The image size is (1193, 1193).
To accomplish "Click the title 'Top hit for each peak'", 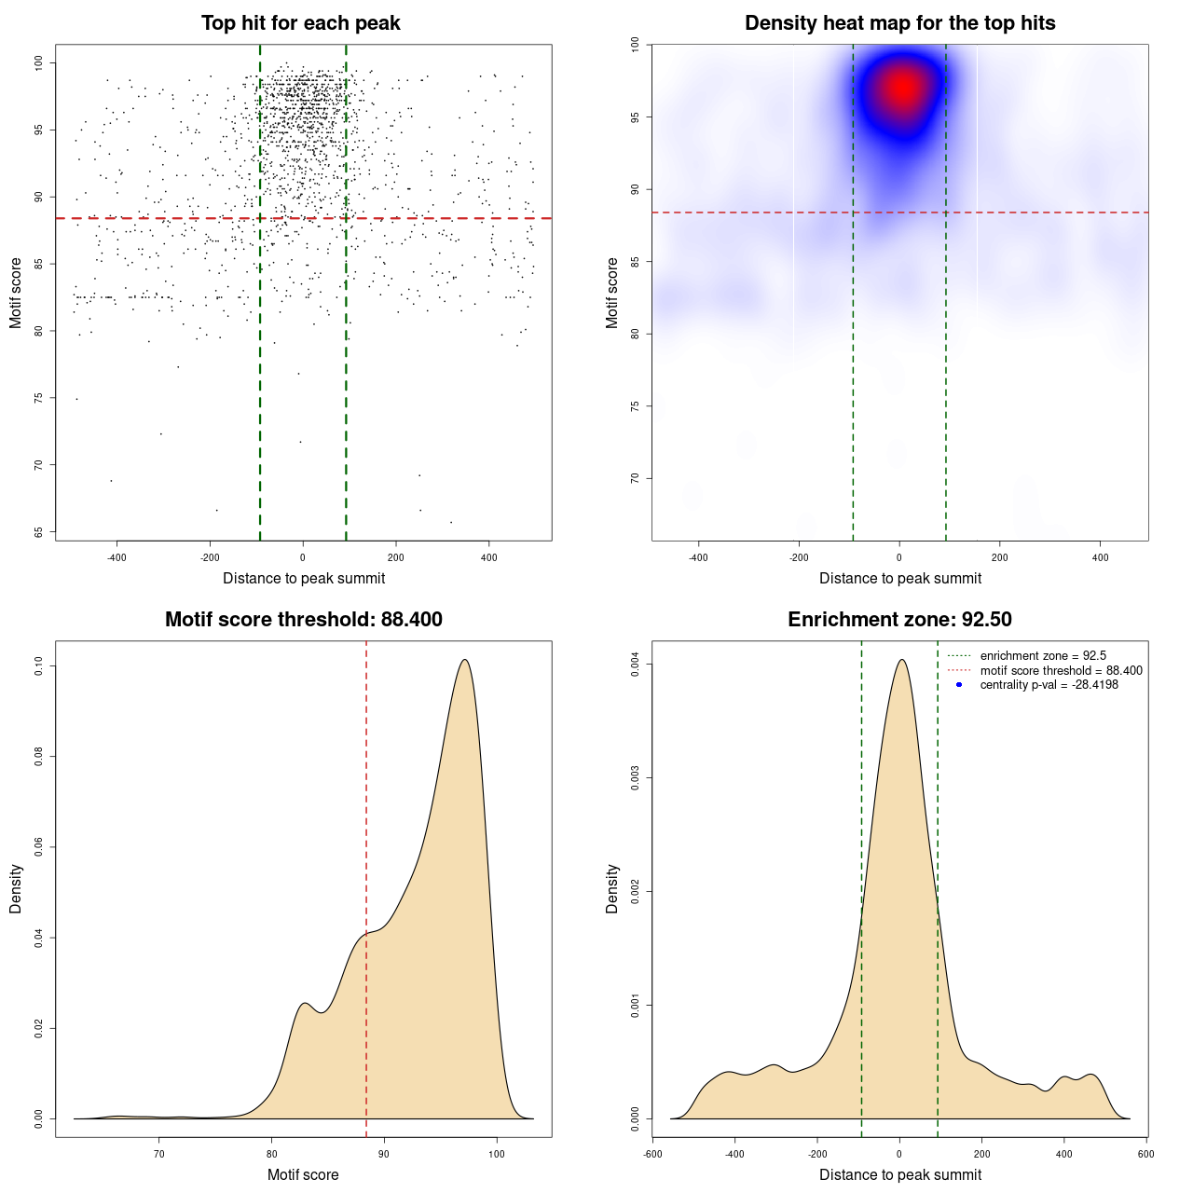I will [x=300, y=23].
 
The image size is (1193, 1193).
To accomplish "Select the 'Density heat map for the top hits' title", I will [x=899, y=23].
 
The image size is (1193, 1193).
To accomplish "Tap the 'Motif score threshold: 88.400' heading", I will [x=303, y=620].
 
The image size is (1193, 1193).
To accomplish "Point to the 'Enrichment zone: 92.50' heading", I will [x=899, y=620].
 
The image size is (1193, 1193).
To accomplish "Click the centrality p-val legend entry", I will [x=1049, y=685].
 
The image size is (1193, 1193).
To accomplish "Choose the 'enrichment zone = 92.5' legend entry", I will [x=1043, y=656].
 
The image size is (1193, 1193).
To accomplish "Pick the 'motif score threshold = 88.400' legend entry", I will [x=1061, y=670].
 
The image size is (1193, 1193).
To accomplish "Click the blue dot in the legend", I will [x=959, y=685].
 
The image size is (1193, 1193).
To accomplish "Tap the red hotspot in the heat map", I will [x=902, y=89].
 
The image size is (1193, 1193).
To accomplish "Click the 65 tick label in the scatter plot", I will [x=38, y=532].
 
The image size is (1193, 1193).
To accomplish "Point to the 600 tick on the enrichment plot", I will [x=1145, y=1154].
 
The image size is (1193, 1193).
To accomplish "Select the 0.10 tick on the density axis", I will [x=38, y=666].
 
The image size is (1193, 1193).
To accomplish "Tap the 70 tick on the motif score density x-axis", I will [x=159, y=1154].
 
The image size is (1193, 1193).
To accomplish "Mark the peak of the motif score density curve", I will [x=464, y=660].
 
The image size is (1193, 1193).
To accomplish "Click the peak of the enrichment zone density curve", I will [x=900, y=660].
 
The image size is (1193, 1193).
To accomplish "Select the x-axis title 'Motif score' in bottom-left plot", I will [x=303, y=1174].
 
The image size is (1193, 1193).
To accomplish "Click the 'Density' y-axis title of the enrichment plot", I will [x=612, y=888].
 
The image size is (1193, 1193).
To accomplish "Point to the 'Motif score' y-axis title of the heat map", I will [x=612, y=293].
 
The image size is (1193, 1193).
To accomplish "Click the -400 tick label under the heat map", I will [x=698, y=557].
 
